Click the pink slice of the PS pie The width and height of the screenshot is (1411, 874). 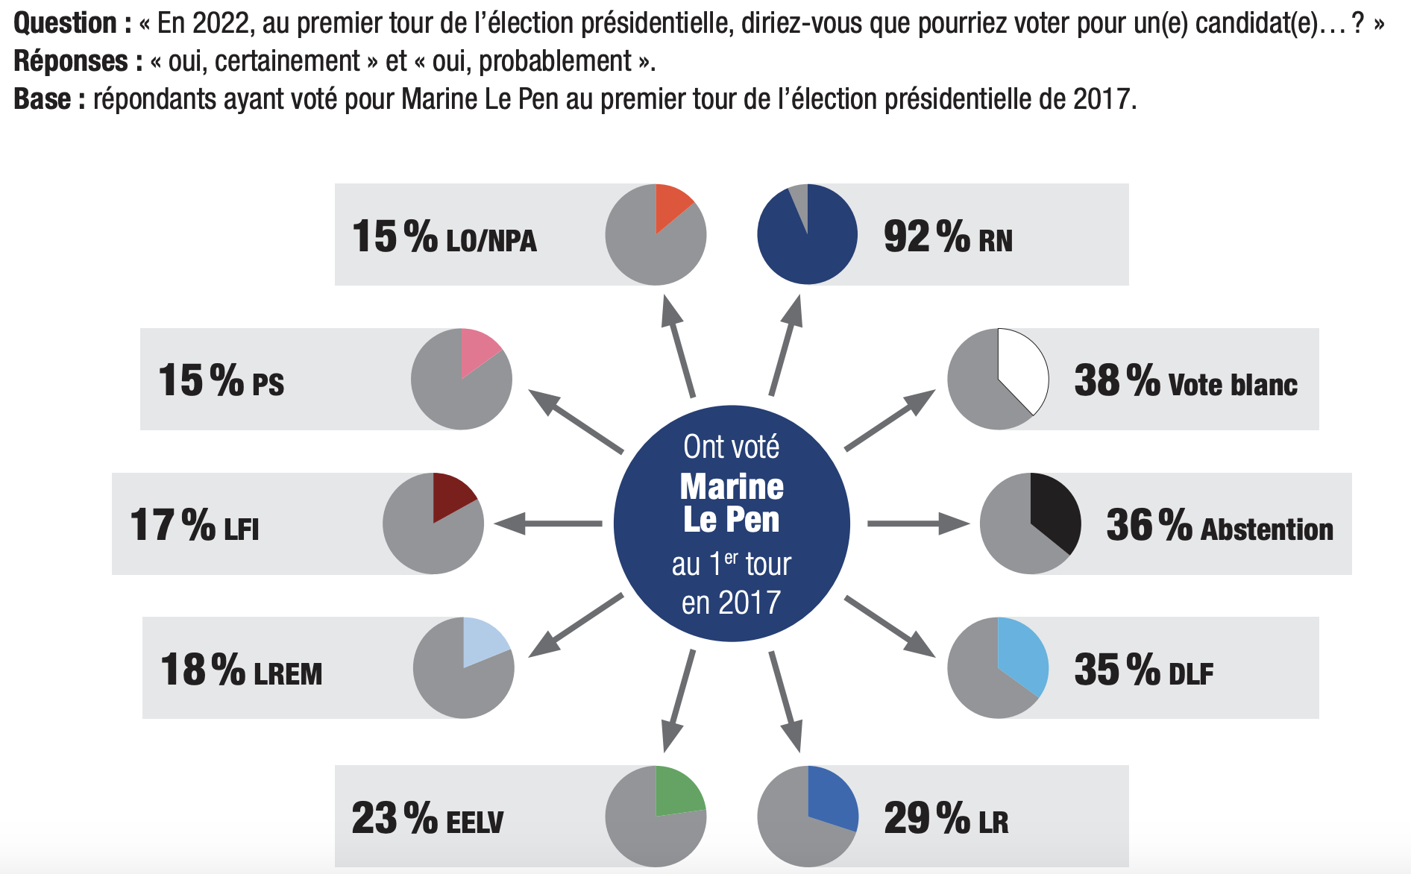pos(477,350)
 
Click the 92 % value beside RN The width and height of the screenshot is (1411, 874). pos(926,237)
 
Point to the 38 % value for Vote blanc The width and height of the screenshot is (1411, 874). pos(1116,381)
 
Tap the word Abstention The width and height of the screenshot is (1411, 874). pos(1266,529)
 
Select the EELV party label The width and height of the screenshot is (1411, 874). pos(474,823)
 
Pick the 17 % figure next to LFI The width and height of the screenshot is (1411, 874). pos(172,525)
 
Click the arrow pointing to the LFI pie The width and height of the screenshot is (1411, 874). pos(548,524)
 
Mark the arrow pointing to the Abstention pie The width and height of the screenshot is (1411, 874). pos(917,524)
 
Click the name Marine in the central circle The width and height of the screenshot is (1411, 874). pos(732,487)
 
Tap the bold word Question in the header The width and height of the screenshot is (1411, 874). pos(66,24)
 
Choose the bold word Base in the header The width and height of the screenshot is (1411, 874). pos(43,99)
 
